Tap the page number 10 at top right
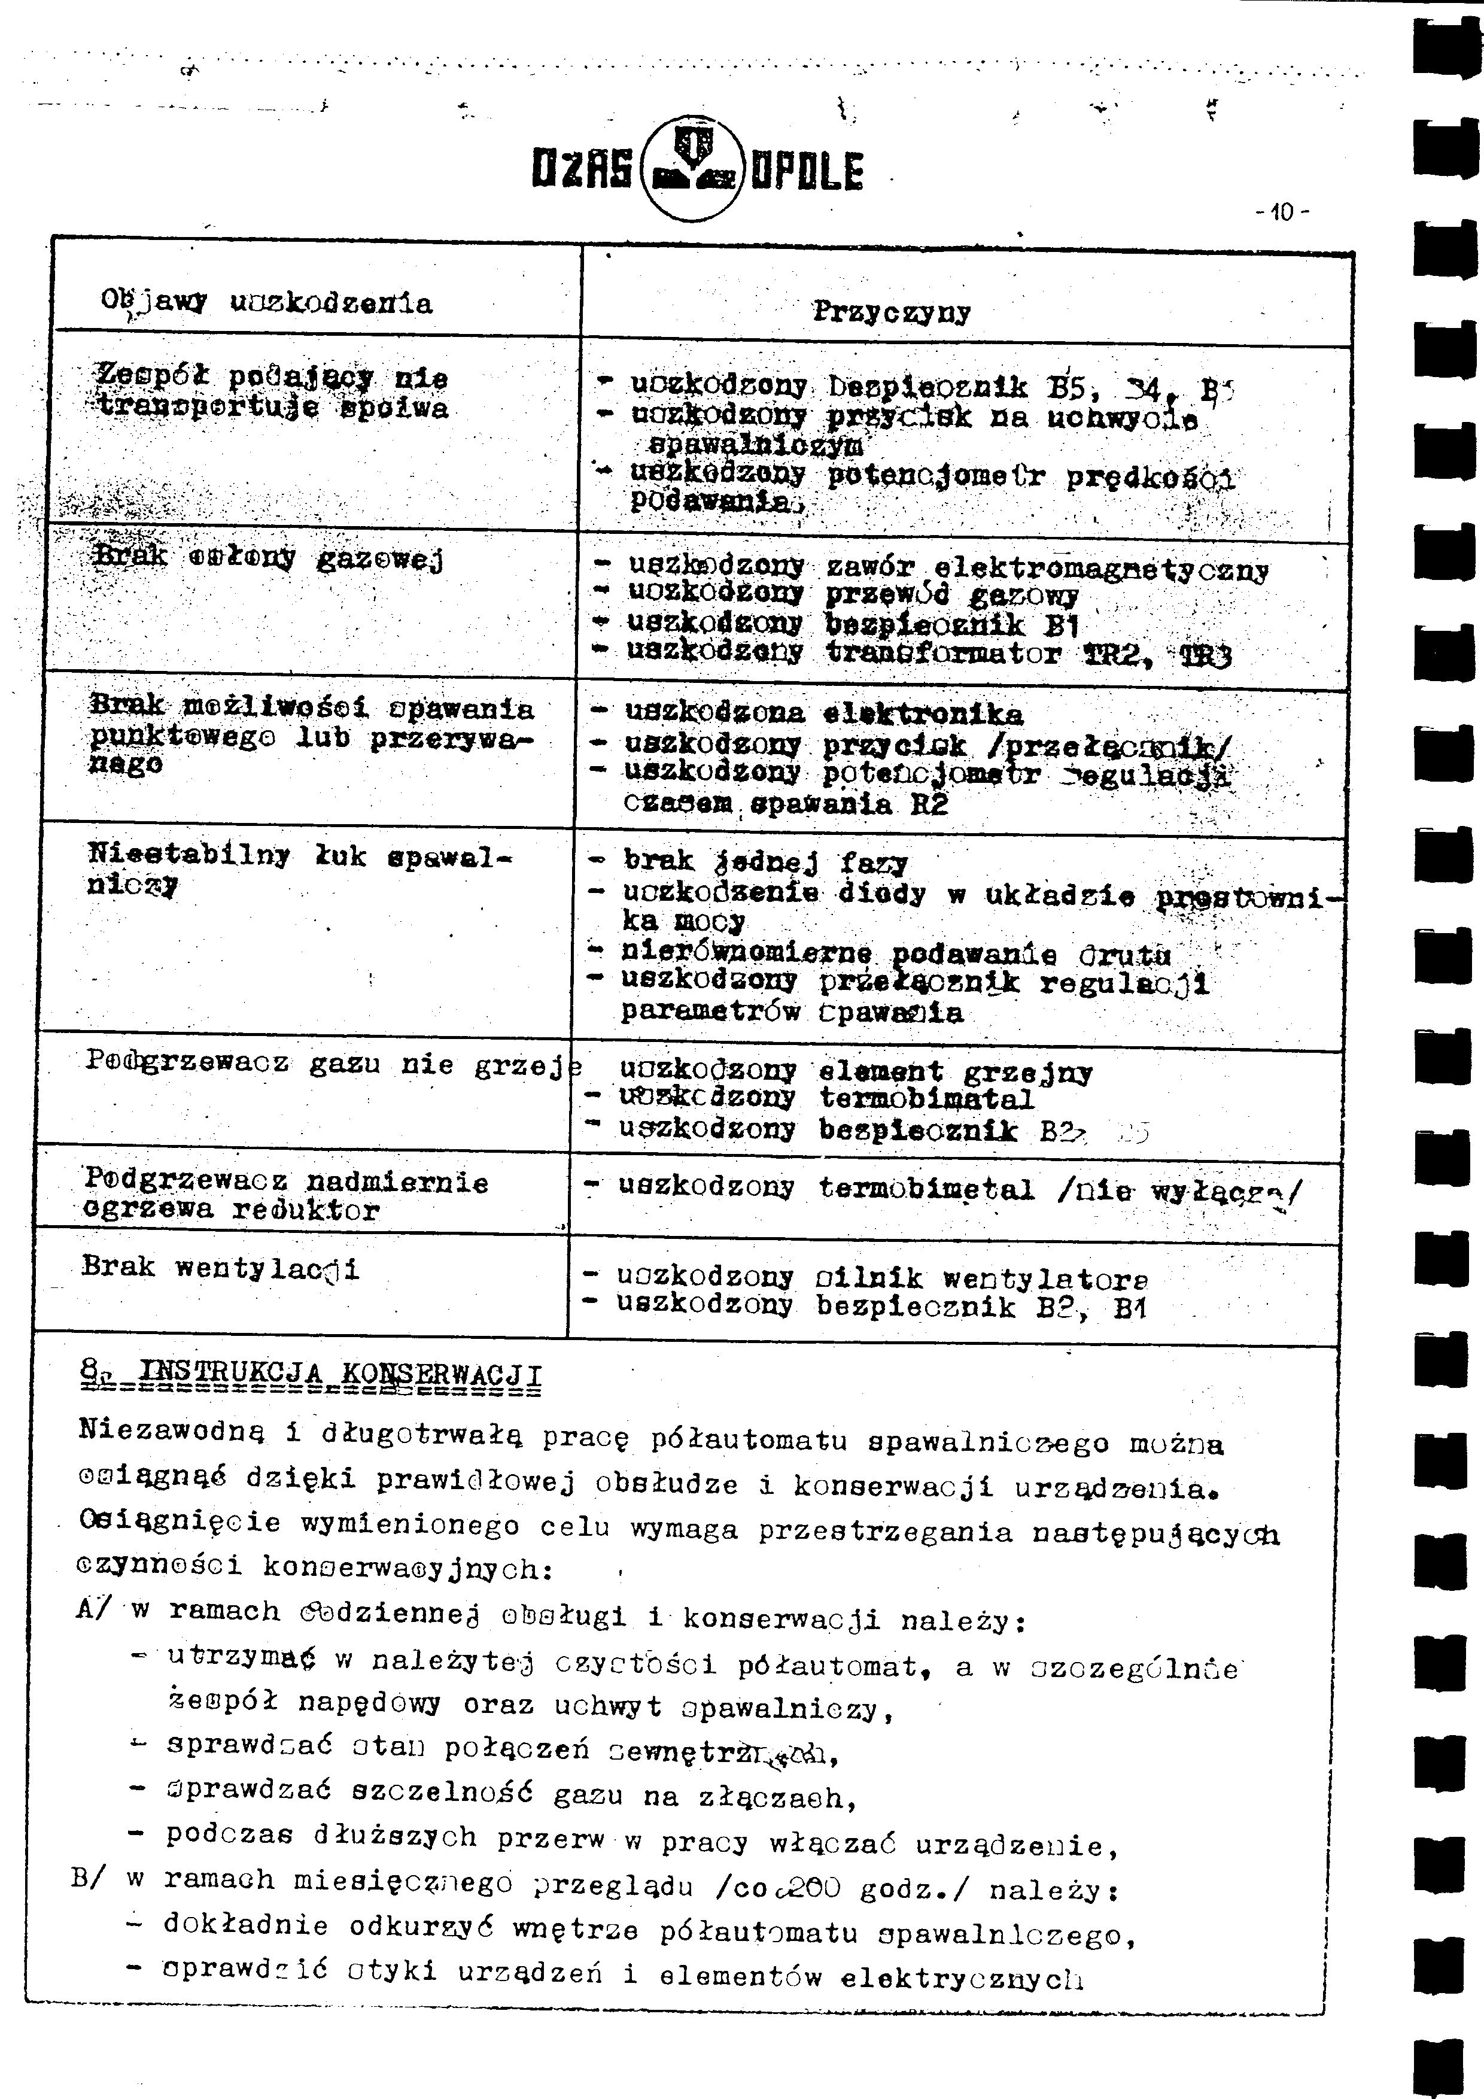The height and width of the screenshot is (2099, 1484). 1282,213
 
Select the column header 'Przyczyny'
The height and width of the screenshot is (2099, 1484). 892,312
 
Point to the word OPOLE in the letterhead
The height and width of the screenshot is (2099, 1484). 805,172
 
